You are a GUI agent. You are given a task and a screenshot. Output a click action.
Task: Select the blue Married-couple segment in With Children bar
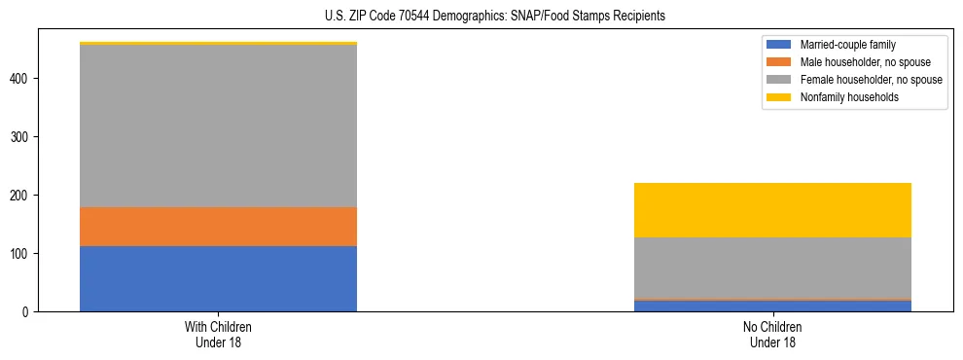218,278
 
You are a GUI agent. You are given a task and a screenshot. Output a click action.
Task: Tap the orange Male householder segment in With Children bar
218,227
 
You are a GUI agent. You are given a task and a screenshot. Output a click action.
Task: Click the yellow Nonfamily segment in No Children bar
772,210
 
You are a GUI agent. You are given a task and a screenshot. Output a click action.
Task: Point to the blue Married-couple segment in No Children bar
772,306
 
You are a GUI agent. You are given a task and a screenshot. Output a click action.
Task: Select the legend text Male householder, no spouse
856,62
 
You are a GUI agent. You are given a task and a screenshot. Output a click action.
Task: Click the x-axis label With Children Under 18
218,335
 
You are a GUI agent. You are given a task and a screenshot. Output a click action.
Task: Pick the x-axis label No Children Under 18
772,335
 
